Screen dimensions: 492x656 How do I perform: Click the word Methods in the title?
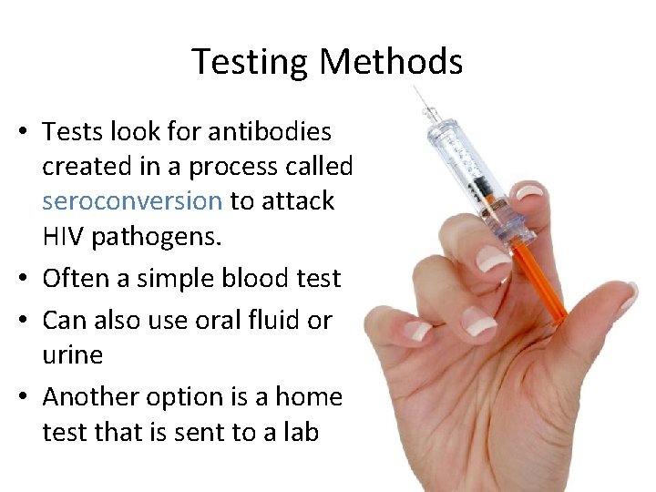(x=392, y=62)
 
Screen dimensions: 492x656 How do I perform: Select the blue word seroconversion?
(x=132, y=200)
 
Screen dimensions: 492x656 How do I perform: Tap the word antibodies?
(x=270, y=132)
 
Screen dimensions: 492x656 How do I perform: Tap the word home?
(x=308, y=397)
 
